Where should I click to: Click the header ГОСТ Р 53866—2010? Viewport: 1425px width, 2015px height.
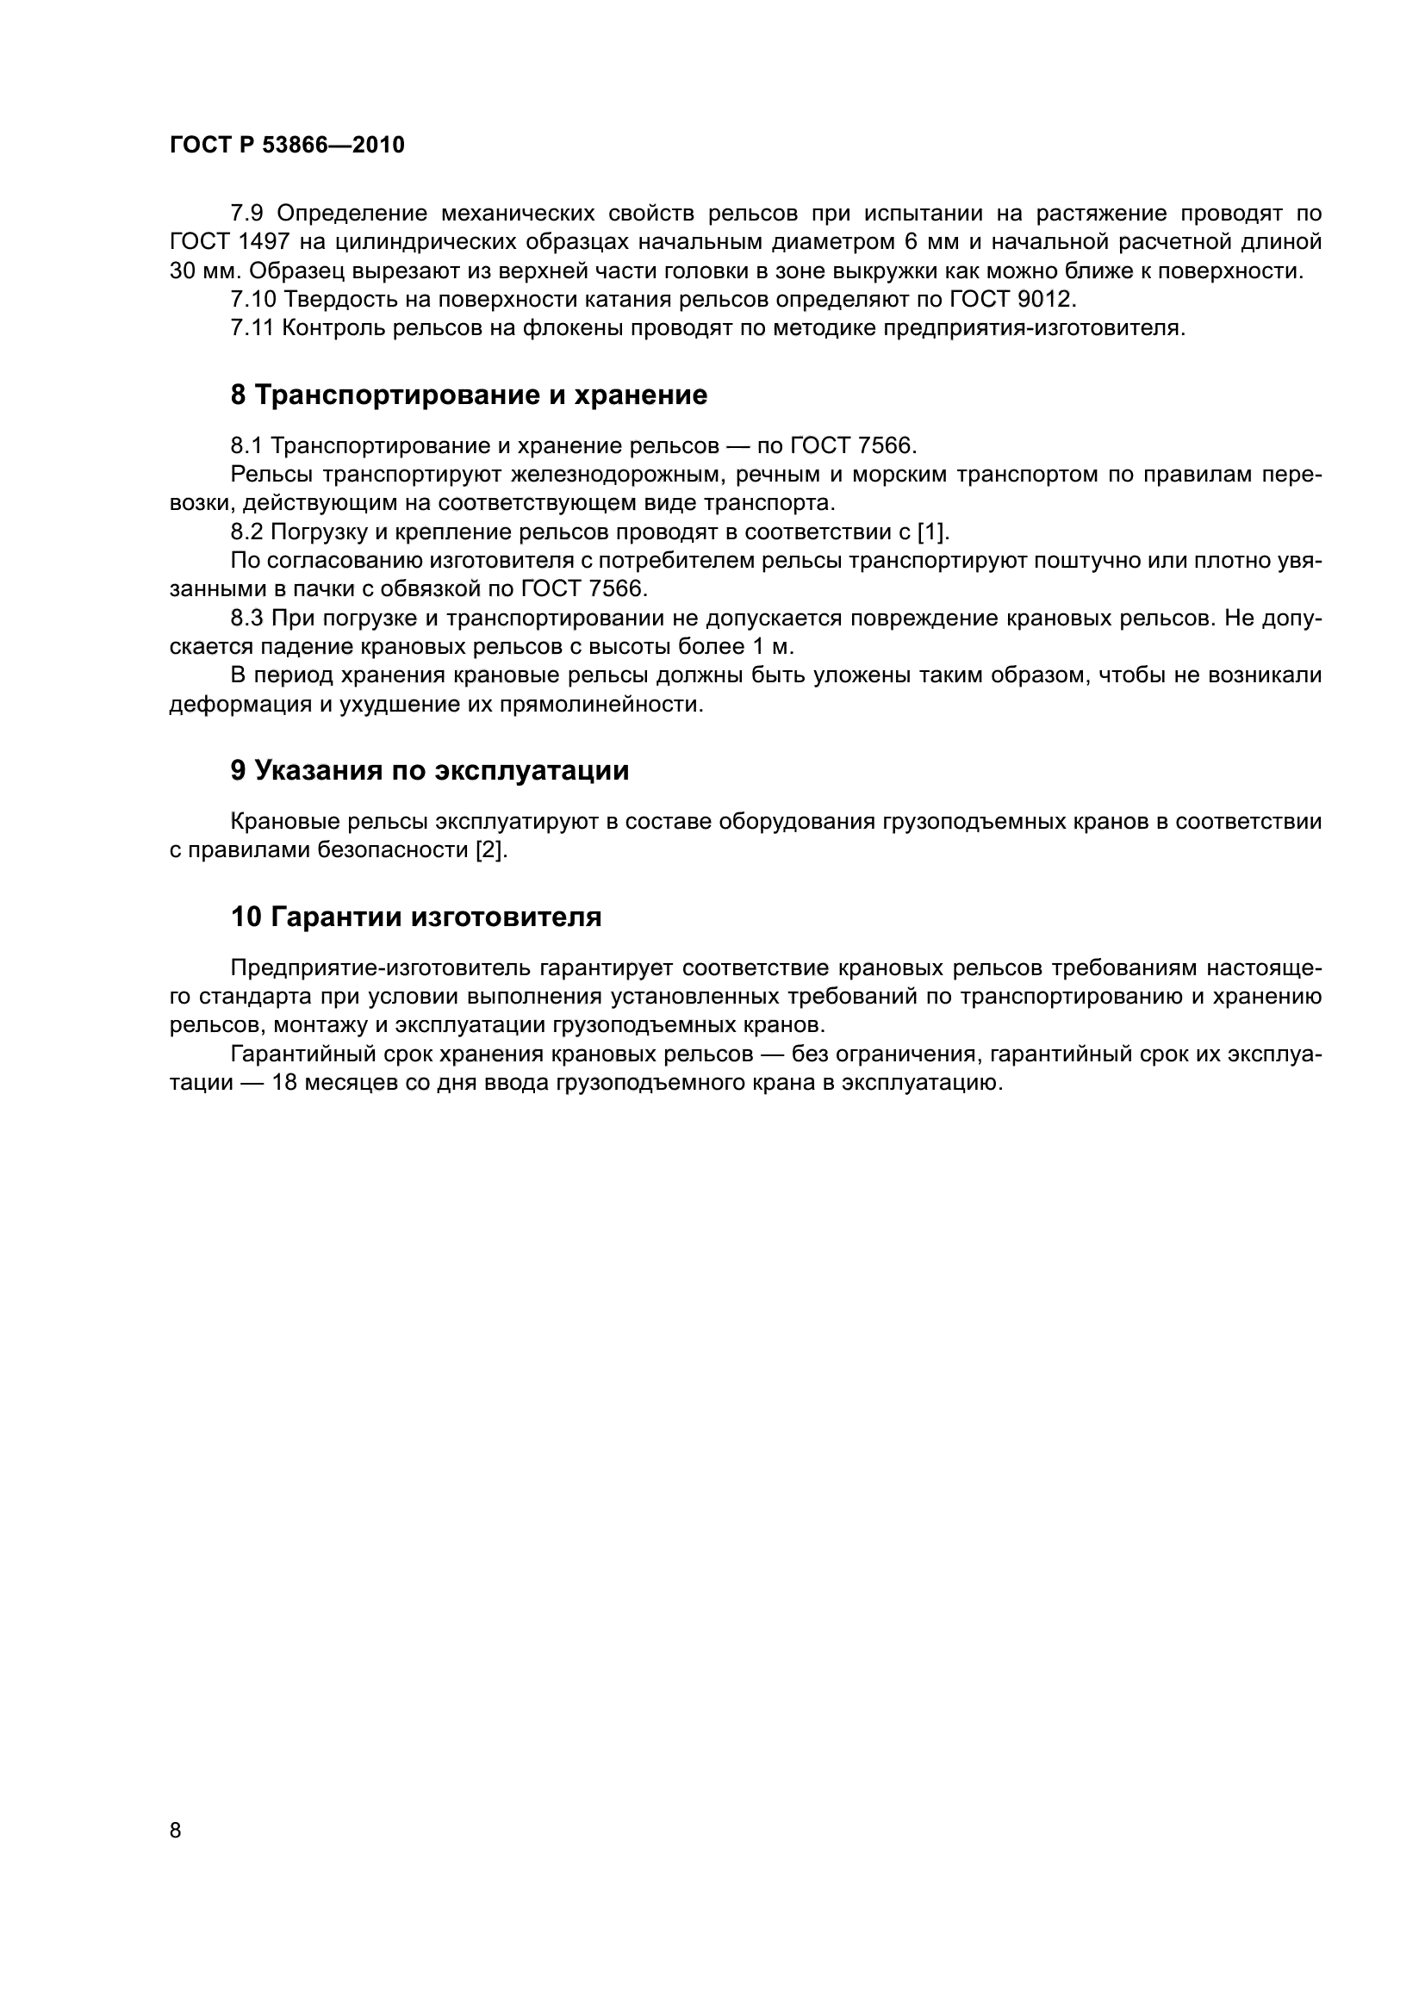coord(287,145)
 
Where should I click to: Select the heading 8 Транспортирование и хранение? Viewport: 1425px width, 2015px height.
coord(469,395)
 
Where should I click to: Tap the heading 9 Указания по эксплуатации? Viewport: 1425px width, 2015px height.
coord(430,769)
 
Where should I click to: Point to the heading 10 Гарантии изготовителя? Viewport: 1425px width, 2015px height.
coord(416,917)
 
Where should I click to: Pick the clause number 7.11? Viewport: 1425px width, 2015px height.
coord(252,328)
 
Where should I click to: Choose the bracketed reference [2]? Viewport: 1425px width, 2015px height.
coord(491,849)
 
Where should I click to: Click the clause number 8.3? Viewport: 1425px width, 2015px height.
coord(247,618)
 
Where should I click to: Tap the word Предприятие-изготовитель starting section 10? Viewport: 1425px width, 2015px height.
coord(380,967)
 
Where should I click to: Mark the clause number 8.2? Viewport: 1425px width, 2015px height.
coord(247,532)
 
